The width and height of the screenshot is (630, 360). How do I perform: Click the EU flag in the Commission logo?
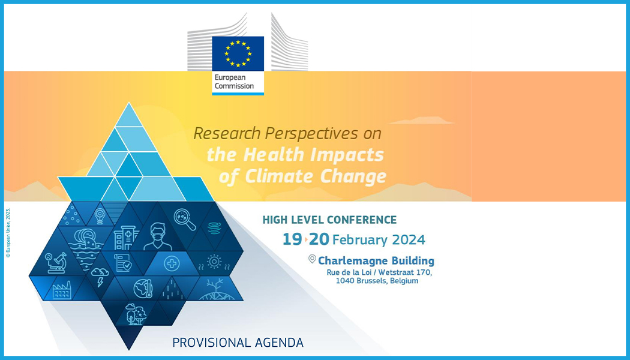[x=238, y=53]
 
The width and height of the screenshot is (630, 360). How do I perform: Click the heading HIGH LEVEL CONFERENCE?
[x=329, y=220]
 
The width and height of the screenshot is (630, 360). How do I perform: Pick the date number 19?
[x=292, y=239]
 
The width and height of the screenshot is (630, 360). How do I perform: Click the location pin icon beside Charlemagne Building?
[x=312, y=259]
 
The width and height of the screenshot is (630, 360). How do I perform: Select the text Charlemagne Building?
[x=376, y=261]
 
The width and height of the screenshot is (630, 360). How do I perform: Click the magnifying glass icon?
[x=185, y=220]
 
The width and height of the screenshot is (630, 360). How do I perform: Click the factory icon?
[x=62, y=291]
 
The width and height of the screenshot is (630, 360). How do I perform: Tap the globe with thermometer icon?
[x=143, y=288]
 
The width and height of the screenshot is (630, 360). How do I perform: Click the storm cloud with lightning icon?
[x=99, y=277]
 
